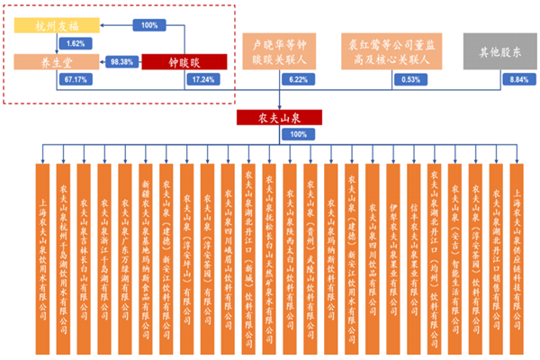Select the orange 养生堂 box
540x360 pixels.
(44, 63)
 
